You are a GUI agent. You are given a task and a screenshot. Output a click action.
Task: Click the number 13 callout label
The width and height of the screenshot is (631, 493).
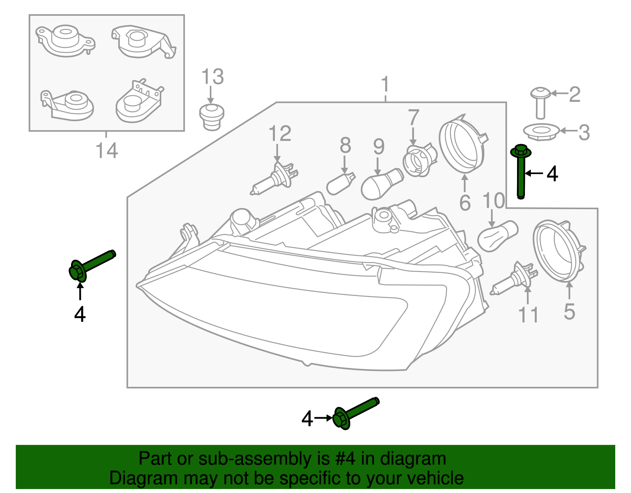(213, 77)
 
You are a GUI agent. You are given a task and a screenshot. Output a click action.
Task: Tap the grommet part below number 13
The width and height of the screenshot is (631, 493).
(211, 116)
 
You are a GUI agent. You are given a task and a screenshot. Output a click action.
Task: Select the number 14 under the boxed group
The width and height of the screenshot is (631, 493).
(106, 151)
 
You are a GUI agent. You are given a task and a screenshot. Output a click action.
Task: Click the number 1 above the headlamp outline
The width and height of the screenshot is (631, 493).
(385, 85)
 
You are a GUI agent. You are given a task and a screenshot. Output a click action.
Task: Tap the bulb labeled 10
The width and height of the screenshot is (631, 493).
(497, 236)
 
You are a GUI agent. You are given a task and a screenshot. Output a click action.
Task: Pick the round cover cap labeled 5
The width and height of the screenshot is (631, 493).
(558, 251)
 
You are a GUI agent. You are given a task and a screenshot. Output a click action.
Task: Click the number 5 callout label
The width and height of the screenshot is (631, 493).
(569, 312)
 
